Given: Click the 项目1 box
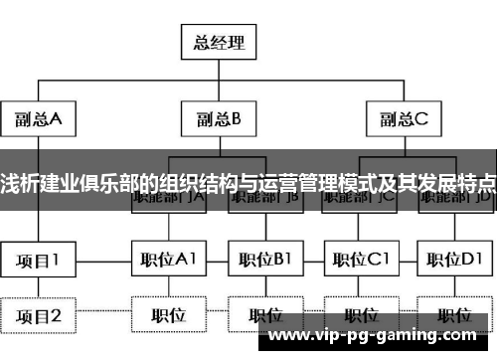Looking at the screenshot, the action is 39,261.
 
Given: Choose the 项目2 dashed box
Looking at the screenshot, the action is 39,316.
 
